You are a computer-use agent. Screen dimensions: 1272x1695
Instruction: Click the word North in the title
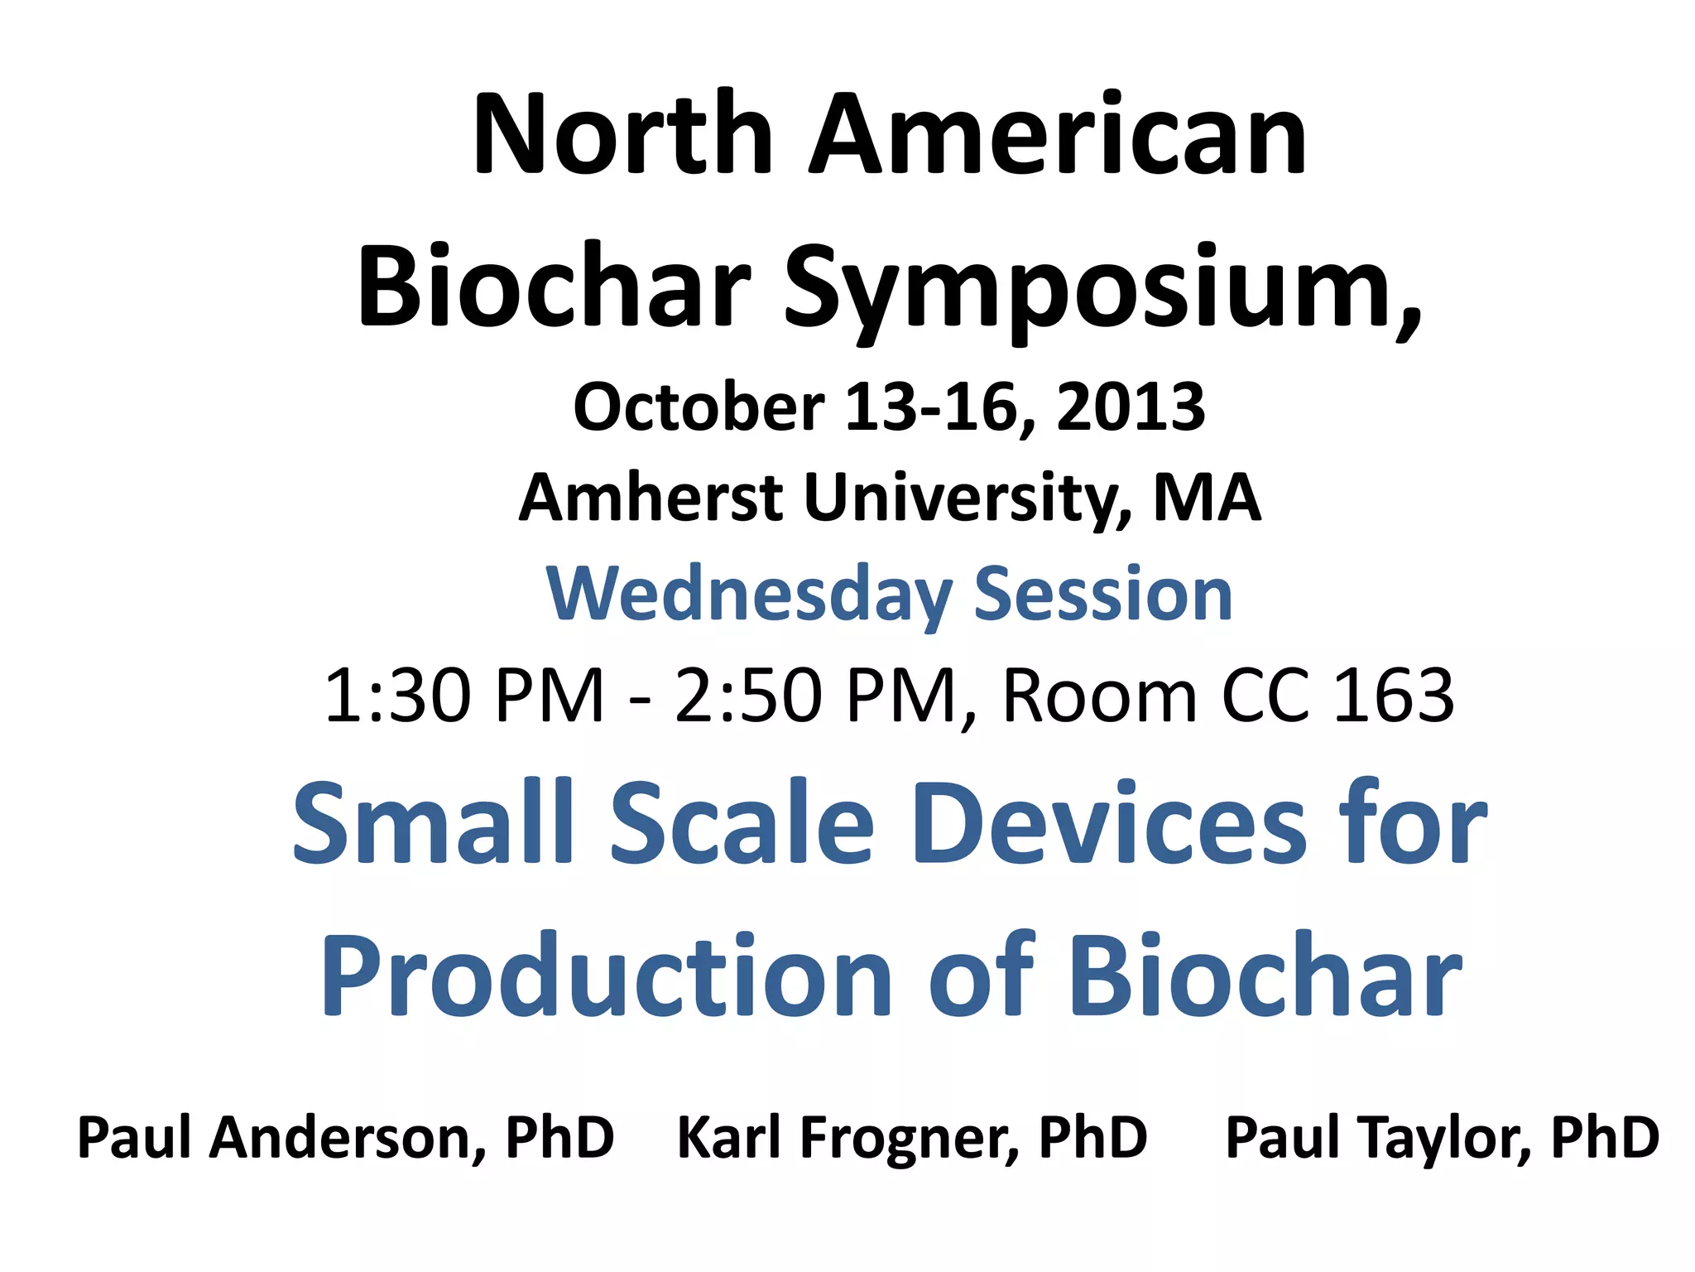point(623,135)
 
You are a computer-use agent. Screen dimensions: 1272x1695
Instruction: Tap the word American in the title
point(1057,135)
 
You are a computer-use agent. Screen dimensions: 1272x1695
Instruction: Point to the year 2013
point(1131,407)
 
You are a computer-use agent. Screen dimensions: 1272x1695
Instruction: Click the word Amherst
point(651,499)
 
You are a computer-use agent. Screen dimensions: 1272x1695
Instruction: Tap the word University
point(968,499)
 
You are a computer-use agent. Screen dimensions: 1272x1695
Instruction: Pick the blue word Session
point(1103,594)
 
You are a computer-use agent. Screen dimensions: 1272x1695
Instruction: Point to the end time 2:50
point(748,696)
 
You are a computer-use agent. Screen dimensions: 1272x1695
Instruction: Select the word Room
point(1100,696)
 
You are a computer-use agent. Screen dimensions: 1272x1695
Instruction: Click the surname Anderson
point(348,1138)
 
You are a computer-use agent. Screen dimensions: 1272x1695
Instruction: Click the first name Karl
point(729,1136)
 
